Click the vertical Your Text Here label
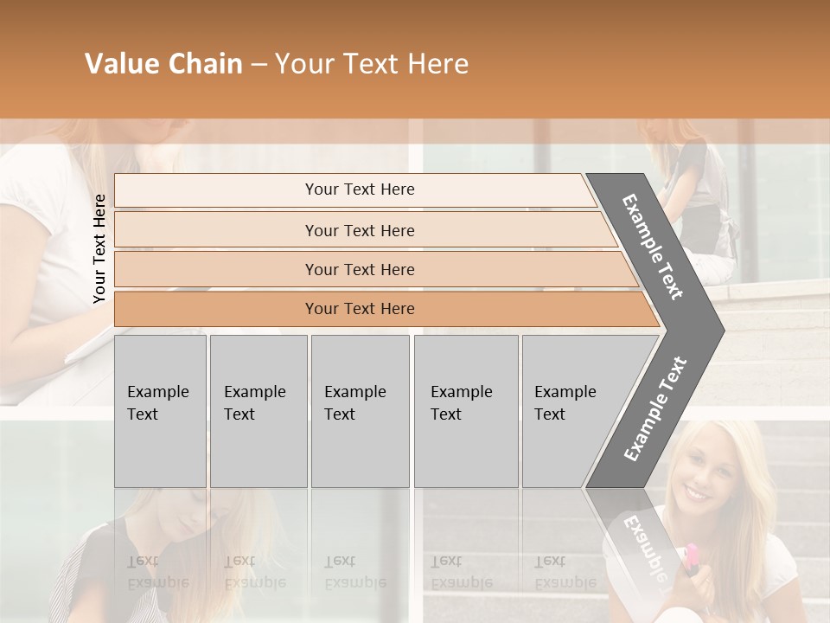tap(99, 248)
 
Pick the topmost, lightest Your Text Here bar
tap(359, 189)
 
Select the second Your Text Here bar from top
tap(359, 230)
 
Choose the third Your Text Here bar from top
tap(359, 269)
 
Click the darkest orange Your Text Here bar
tap(359, 309)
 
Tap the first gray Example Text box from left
tap(160, 411)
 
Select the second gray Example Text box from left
tap(258, 411)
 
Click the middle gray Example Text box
tap(360, 411)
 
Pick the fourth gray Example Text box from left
tap(465, 411)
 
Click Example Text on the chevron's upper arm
tap(653, 247)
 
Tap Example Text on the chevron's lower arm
tap(655, 408)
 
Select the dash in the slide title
tap(259, 65)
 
